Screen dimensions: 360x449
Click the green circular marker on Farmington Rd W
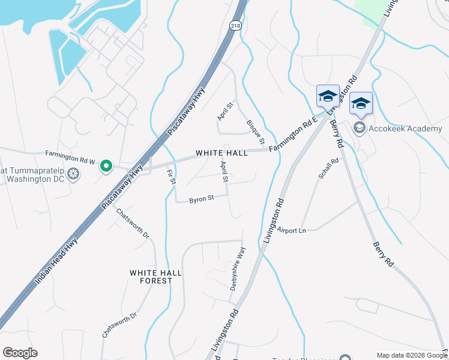[106, 166]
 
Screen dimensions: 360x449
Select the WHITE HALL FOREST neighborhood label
[155, 277]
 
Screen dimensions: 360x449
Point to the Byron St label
[202, 199]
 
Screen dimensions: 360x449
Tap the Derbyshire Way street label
[238, 269]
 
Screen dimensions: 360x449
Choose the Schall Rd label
[330, 169]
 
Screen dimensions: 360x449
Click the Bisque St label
[255, 133]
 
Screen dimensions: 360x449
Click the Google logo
[20, 353]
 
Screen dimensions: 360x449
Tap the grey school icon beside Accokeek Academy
[360, 127]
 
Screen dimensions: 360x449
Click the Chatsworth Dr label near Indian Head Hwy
[133, 224]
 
